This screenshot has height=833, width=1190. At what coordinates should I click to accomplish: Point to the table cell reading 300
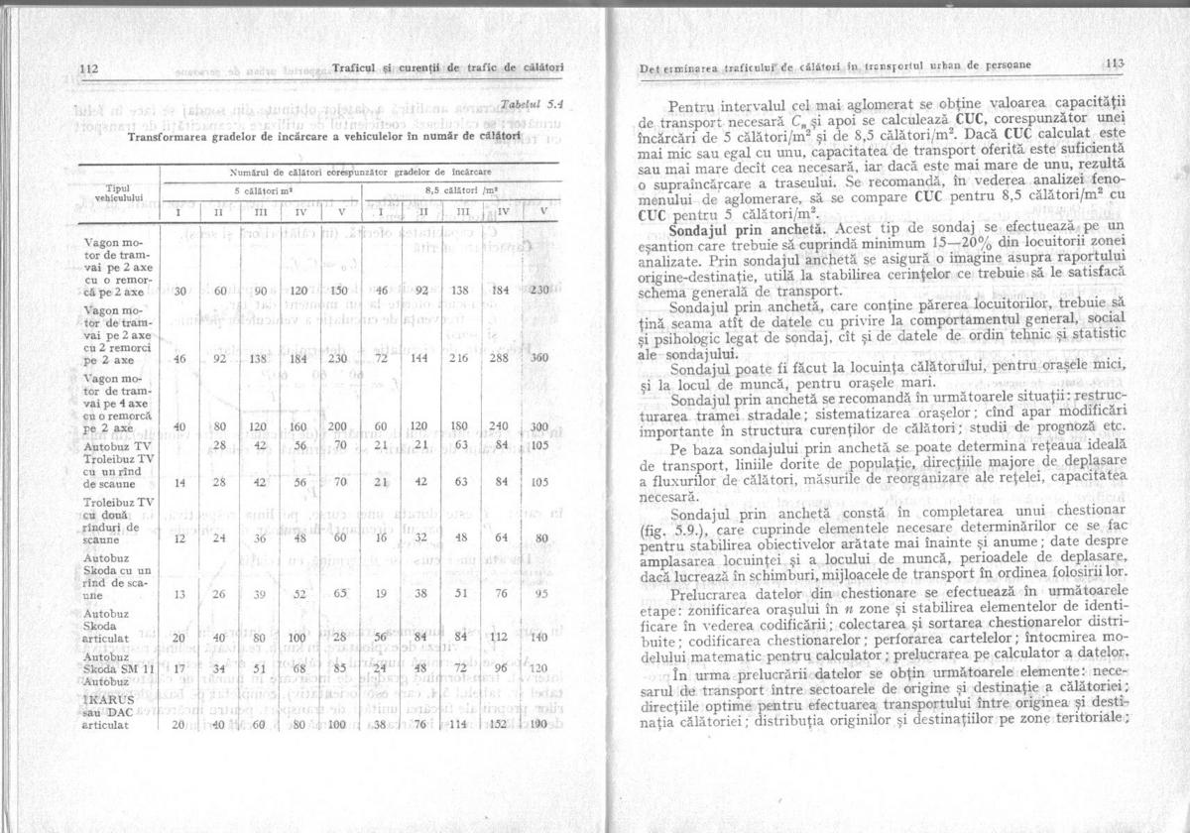pos(540,426)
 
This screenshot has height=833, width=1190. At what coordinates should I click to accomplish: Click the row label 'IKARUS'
pos(109,698)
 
